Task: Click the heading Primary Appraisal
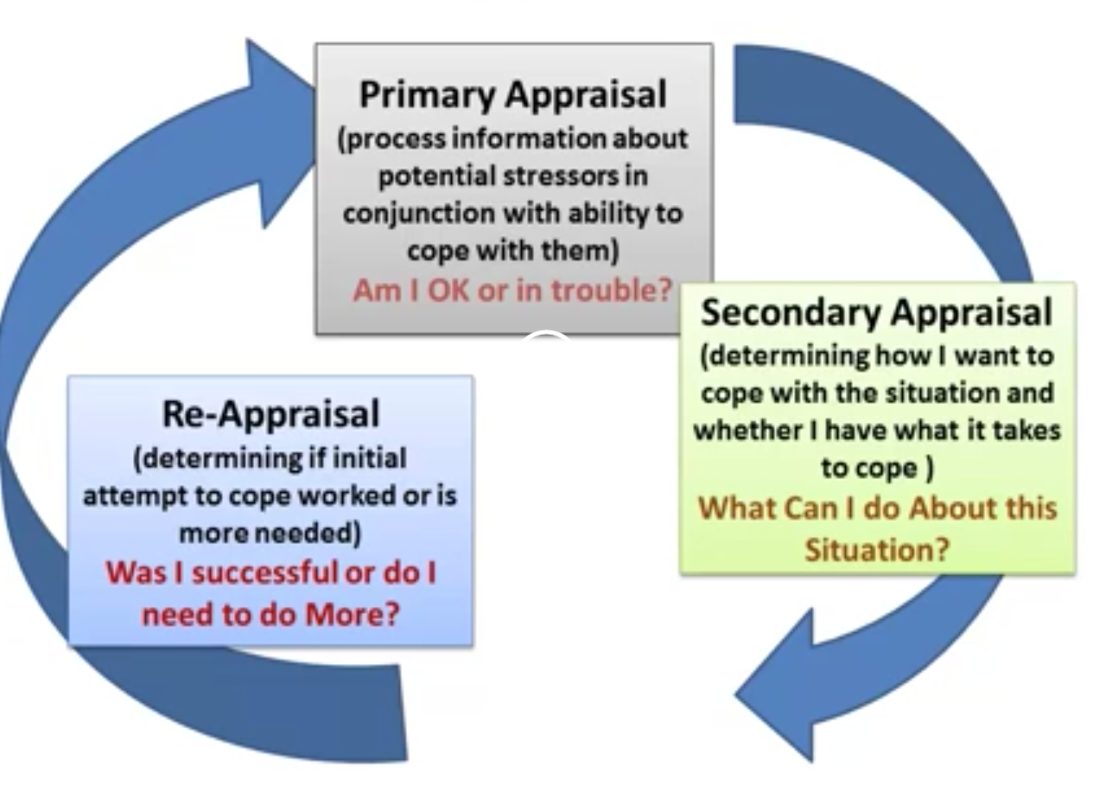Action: point(512,94)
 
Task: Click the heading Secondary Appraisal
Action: point(876,312)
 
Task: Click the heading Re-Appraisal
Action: point(270,413)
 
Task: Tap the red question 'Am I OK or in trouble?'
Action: point(512,291)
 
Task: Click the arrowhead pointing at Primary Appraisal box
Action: point(276,130)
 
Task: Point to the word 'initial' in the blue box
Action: point(370,457)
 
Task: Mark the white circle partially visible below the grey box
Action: point(545,342)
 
